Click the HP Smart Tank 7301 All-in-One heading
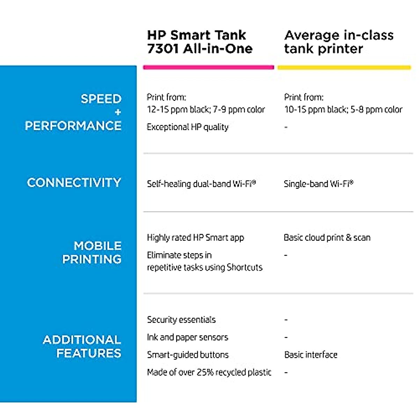pos(200,42)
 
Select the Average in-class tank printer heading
pos(339,42)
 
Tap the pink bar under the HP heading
pos(208,67)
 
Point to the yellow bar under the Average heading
pos(344,68)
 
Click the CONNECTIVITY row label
pos(74,182)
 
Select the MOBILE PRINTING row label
pos(92,252)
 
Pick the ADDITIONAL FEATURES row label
pos(82,346)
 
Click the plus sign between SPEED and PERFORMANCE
pos(118,112)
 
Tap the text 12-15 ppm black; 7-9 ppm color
pos(206,109)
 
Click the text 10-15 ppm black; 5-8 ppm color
pos(343,109)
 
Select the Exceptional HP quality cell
pos(188,127)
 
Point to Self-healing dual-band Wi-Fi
pos(201,184)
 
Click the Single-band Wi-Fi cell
pos(318,184)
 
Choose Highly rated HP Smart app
pos(196,238)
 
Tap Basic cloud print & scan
pos(327,237)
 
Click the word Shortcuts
pos(245,267)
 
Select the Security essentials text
pos(181,319)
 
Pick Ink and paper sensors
pos(188,337)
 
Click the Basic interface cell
pos(311,355)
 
